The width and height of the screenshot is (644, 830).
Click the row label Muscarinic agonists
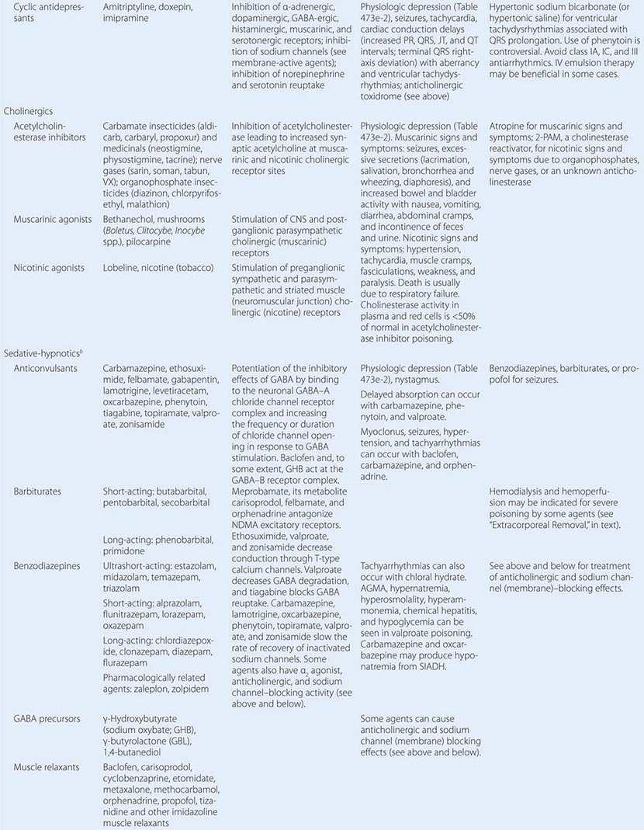tap(54, 220)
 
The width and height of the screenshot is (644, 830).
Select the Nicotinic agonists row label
tap(50, 268)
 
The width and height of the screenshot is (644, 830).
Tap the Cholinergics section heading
tap(28, 111)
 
